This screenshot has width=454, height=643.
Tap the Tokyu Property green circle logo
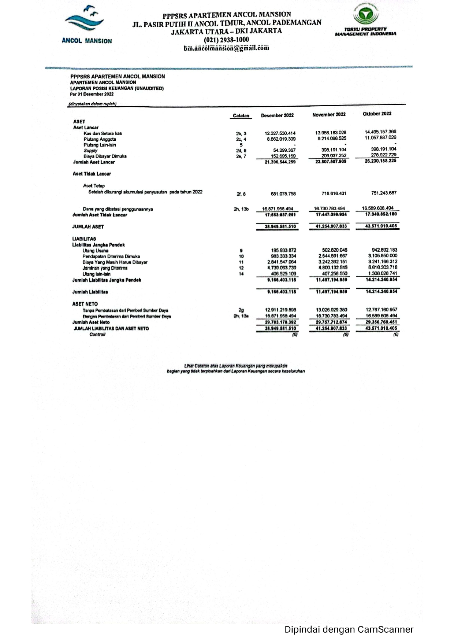click(365, 15)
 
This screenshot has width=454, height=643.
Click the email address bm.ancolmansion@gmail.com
click(226, 48)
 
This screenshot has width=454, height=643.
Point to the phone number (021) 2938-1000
click(226, 40)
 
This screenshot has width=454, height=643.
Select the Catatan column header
click(241, 115)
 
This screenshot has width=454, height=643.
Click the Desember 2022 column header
click(277, 115)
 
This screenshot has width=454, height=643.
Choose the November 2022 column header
click(329, 114)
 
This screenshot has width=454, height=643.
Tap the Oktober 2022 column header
click(377, 114)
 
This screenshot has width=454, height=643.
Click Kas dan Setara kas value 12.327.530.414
click(280, 133)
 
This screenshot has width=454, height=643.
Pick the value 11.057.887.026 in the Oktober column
click(380, 137)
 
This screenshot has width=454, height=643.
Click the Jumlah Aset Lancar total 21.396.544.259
click(280, 162)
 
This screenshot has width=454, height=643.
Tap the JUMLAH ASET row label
click(88, 227)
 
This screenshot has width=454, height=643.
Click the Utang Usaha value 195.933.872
click(283, 251)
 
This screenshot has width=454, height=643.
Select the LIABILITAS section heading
click(84, 239)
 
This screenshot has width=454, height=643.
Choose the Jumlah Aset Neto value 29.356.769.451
click(381, 322)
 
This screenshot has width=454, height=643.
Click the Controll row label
click(97, 335)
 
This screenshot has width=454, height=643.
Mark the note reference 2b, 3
click(241, 134)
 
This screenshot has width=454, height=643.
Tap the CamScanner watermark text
click(349, 629)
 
